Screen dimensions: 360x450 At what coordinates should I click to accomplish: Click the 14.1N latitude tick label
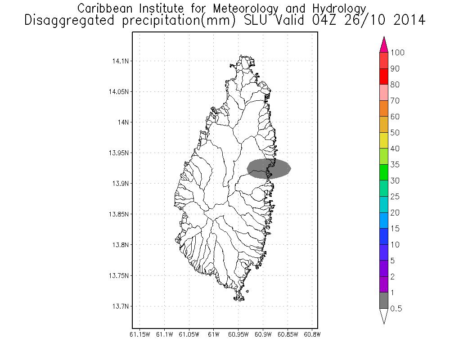(x=120, y=61)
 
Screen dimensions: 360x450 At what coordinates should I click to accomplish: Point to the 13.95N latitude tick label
(x=118, y=153)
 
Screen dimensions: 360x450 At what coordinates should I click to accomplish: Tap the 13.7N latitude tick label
(x=120, y=306)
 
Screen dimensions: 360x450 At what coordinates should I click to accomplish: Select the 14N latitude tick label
(x=122, y=122)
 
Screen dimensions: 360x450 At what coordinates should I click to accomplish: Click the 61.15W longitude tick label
(x=140, y=334)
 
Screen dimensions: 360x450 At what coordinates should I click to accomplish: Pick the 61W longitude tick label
(x=214, y=334)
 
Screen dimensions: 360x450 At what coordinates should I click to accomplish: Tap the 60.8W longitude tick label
(x=312, y=334)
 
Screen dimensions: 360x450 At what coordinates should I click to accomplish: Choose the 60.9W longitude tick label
(x=263, y=334)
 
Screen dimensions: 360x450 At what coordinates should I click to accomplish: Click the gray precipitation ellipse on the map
(x=269, y=169)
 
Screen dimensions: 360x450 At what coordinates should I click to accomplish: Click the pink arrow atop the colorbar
(x=384, y=45)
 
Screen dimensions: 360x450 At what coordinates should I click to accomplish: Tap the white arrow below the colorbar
(x=384, y=316)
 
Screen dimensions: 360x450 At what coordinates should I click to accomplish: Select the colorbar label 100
(x=397, y=53)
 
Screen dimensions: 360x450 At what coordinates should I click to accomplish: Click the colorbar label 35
(x=395, y=165)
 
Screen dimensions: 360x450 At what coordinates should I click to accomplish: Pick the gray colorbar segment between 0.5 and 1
(x=384, y=301)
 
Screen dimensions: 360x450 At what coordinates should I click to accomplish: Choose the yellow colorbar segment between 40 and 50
(x=384, y=140)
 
